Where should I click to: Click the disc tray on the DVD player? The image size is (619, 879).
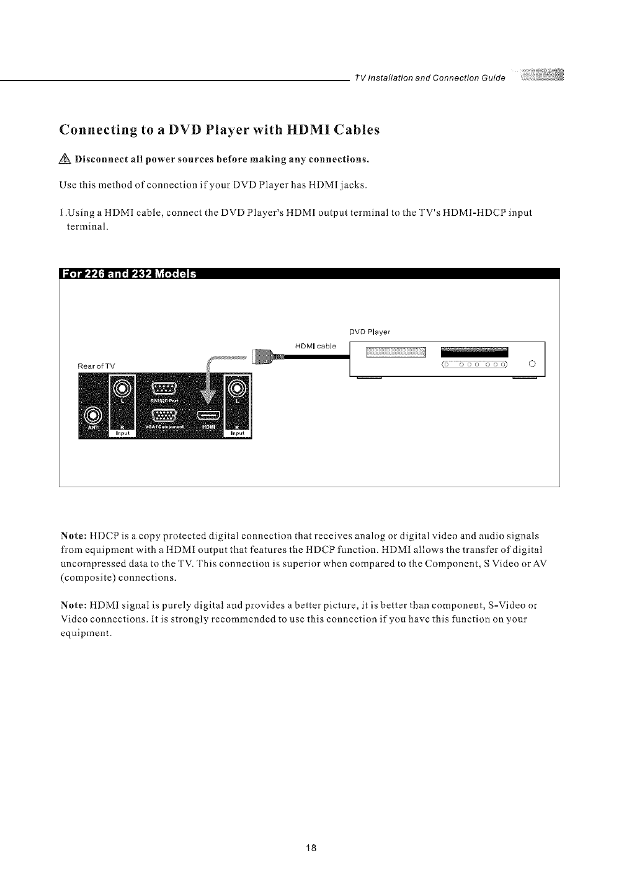tap(396, 352)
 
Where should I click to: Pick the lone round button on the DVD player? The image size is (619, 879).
tap(531, 364)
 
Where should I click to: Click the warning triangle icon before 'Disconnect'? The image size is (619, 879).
tap(66, 159)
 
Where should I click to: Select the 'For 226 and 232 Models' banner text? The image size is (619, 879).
tap(128, 275)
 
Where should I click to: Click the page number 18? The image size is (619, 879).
tap(313, 848)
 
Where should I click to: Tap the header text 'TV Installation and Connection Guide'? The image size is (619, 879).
tap(429, 78)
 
